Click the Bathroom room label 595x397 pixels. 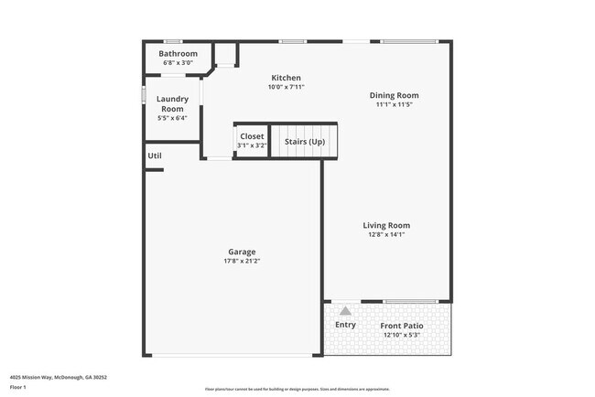pos(178,54)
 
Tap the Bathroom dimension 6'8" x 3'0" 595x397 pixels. pos(178,63)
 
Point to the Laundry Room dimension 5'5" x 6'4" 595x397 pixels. pos(172,118)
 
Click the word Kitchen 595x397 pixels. pos(286,78)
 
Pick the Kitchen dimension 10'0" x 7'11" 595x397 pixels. pos(286,87)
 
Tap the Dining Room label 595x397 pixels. pos(394,95)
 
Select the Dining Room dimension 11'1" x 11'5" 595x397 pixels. pos(394,104)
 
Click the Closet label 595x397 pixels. pos(252,136)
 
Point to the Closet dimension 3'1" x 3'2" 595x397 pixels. pos(252,145)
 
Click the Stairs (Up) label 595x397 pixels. pos(304,142)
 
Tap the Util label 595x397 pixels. pos(155,156)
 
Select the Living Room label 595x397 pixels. pos(386,225)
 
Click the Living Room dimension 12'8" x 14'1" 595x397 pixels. pos(386,234)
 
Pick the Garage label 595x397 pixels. pos(242,252)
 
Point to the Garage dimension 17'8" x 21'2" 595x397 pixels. pos(242,261)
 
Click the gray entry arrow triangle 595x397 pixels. pos(345,311)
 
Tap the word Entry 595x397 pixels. pos(345,325)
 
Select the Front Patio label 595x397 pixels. pos(403,326)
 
